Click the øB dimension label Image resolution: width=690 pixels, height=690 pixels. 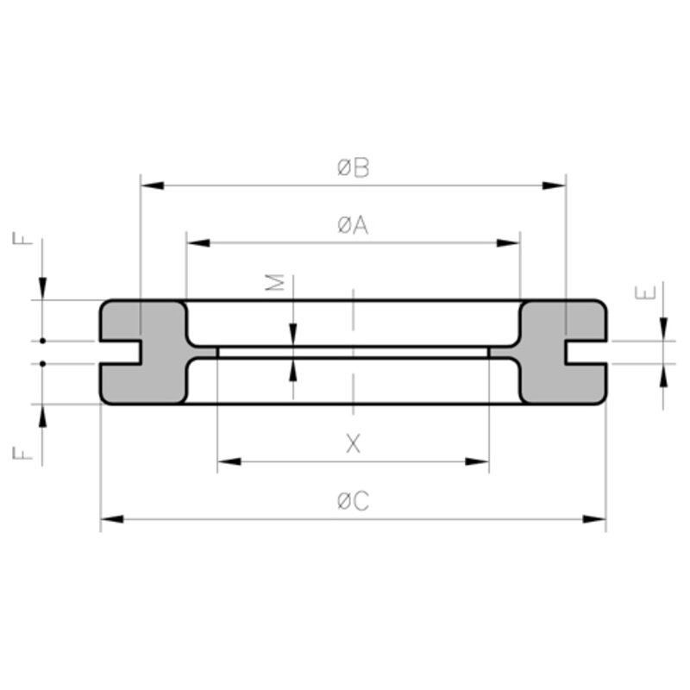tap(353, 168)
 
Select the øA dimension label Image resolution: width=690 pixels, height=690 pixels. tap(353, 225)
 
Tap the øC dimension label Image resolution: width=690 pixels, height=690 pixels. tap(353, 501)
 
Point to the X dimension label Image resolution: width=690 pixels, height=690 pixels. tap(353, 443)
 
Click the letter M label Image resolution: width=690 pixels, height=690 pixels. tap(274, 282)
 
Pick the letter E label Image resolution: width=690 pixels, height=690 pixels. tap(645, 292)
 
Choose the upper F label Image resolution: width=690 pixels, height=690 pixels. tap(22, 238)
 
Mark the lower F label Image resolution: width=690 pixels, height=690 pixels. tap(22, 454)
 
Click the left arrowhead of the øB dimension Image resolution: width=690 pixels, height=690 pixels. tap(153, 185)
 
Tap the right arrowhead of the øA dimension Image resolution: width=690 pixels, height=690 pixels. tap(508, 243)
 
